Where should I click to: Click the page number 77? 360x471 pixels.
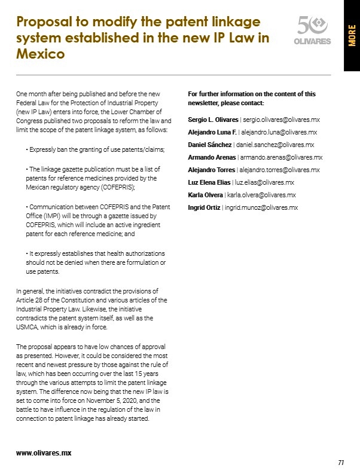click(341, 462)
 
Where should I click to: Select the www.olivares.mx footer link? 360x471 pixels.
click(44, 452)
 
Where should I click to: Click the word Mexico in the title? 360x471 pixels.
click(41, 54)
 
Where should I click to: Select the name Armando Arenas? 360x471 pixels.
click(212, 157)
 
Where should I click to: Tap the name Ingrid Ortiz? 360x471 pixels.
click(203, 207)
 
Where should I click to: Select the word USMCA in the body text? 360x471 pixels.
click(28, 327)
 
